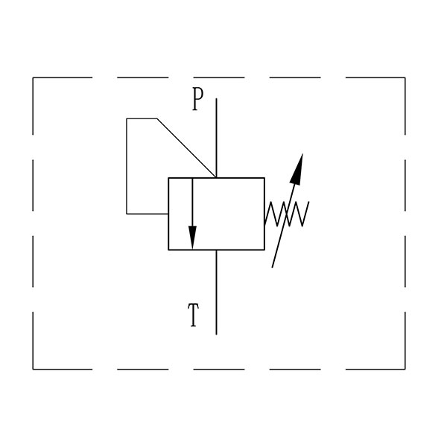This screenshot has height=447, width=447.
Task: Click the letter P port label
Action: point(197,99)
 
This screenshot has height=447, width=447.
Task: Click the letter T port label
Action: point(193,315)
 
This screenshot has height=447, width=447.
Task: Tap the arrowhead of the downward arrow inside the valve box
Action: point(192,238)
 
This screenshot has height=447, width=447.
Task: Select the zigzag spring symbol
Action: point(287,214)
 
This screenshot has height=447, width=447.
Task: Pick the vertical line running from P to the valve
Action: point(216,138)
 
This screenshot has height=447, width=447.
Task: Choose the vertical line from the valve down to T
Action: point(216,292)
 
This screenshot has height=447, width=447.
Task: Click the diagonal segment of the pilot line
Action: point(186,148)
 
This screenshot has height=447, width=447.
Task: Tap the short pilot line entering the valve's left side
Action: point(148,214)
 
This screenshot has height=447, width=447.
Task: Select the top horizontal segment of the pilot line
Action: point(142,118)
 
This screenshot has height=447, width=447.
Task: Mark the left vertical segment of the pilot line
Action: point(127,166)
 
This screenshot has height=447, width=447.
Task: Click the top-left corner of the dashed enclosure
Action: point(33,77)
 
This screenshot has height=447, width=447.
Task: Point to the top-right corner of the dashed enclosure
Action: point(405,77)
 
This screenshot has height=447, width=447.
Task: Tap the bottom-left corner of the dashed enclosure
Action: point(33,370)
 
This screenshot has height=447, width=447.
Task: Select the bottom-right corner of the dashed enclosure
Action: point(405,370)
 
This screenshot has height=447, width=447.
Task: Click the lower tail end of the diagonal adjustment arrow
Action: point(272,267)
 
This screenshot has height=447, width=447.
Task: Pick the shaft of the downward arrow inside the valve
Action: point(192,202)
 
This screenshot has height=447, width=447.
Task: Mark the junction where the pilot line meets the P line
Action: point(216,177)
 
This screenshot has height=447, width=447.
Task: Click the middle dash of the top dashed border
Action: point(219,77)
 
